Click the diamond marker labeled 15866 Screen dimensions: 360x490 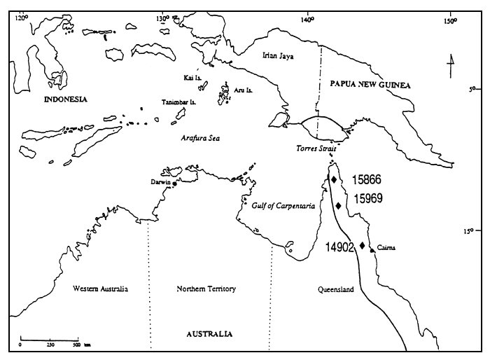(x=334, y=180)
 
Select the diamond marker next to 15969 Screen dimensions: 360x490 (x=339, y=206)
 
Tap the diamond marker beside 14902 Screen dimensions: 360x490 (x=362, y=245)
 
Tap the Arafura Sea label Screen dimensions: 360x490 (x=200, y=138)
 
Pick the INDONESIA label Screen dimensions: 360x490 (x=65, y=99)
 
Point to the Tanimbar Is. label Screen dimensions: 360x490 (x=178, y=102)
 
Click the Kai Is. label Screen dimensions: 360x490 (x=192, y=78)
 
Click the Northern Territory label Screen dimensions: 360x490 (x=206, y=289)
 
